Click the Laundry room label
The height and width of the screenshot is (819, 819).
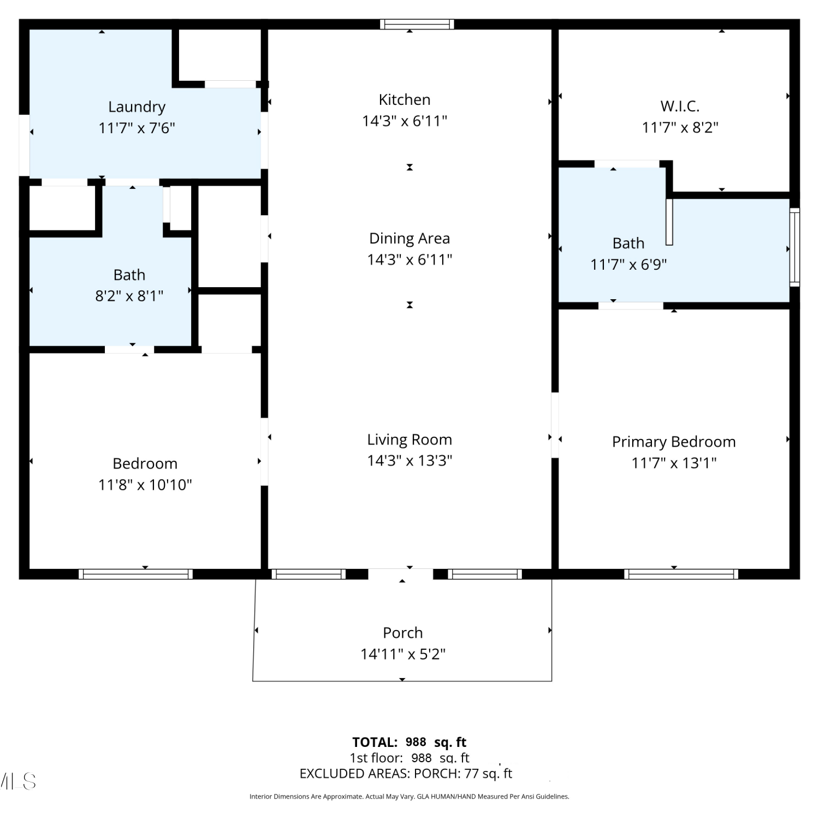click(x=136, y=108)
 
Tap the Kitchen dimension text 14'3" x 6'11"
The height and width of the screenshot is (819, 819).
click(x=405, y=121)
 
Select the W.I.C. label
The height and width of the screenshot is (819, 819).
click(x=680, y=106)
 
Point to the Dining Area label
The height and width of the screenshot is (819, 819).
click(x=410, y=239)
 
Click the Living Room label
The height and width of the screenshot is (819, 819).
click(x=410, y=440)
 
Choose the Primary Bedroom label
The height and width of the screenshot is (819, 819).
click(x=674, y=442)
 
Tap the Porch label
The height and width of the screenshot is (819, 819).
click(x=403, y=633)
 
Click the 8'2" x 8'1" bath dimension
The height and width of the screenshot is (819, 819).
click(x=129, y=296)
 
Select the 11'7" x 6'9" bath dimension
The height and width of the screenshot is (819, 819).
click(x=628, y=265)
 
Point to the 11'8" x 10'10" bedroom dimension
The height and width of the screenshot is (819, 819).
click(x=145, y=485)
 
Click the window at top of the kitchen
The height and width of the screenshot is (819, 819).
click(x=417, y=24)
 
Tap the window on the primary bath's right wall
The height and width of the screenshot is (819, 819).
click(x=795, y=247)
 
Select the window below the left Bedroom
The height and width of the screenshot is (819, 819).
click(x=135, y=574)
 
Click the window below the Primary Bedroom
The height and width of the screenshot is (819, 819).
click(x=681, y=574)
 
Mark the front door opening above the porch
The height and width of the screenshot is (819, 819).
click(x=401, y=574)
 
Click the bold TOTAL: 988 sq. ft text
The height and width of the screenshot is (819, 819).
click(x=410, y=743)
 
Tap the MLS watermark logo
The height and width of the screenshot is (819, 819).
click(x=18, y=781)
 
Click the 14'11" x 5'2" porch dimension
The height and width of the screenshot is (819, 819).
click(x=403, y=654)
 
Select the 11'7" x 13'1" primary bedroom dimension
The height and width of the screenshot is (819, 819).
click(x=674, y=463)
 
